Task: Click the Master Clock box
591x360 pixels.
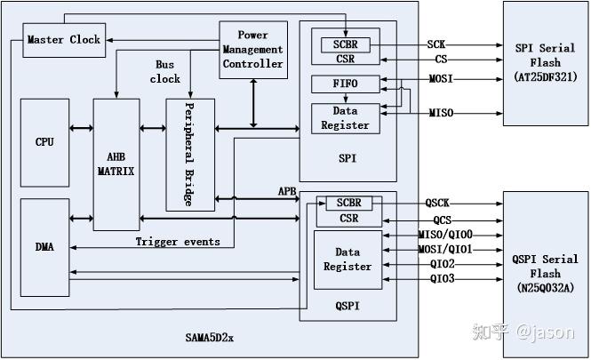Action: pyautogui.click(x=64, y=40)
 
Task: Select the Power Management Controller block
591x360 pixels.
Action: pyautogui.click(x=253, y=50)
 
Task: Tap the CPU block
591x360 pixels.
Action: pyautogui.click(x=44, y=142)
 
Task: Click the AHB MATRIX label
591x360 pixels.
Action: pyautogui.click(x=116, y=164)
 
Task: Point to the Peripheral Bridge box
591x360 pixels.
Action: pyautogui.click(x=190, y=155)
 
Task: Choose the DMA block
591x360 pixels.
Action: pyautogui.click(x=44, y=247)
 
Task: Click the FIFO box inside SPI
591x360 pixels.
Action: pyautogui.click(x=346, y=84)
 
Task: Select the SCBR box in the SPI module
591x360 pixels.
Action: pyautogui.click(x=346, y=44)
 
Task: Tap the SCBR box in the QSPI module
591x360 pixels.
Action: pyautogui.click(x=349, y=203)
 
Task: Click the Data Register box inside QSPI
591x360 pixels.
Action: pyautogui.click(x=347, y=260)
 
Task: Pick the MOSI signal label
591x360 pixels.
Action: pyautogui.click(x=441, y=79)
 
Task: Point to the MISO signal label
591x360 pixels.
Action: pyautogui.click(x=441, y=113)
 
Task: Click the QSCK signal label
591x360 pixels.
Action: pyautogui.click(x=437, y=204)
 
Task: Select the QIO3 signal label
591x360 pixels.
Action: pyautogui.click(x=442, y=279)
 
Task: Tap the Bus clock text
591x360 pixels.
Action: pyautogui.click(x=165, y=72)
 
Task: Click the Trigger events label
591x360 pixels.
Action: pyautogui.click(x=178, y=242)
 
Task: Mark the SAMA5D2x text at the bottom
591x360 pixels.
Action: pyautogui.click(x=210, y=338)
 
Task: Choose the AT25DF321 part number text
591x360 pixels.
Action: pyautogui.click(x=546, y=77)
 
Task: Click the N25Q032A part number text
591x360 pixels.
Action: pyautogui.click(x=546, y=288)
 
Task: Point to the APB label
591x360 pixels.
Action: pyautogui.click(x=287, y=191)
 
